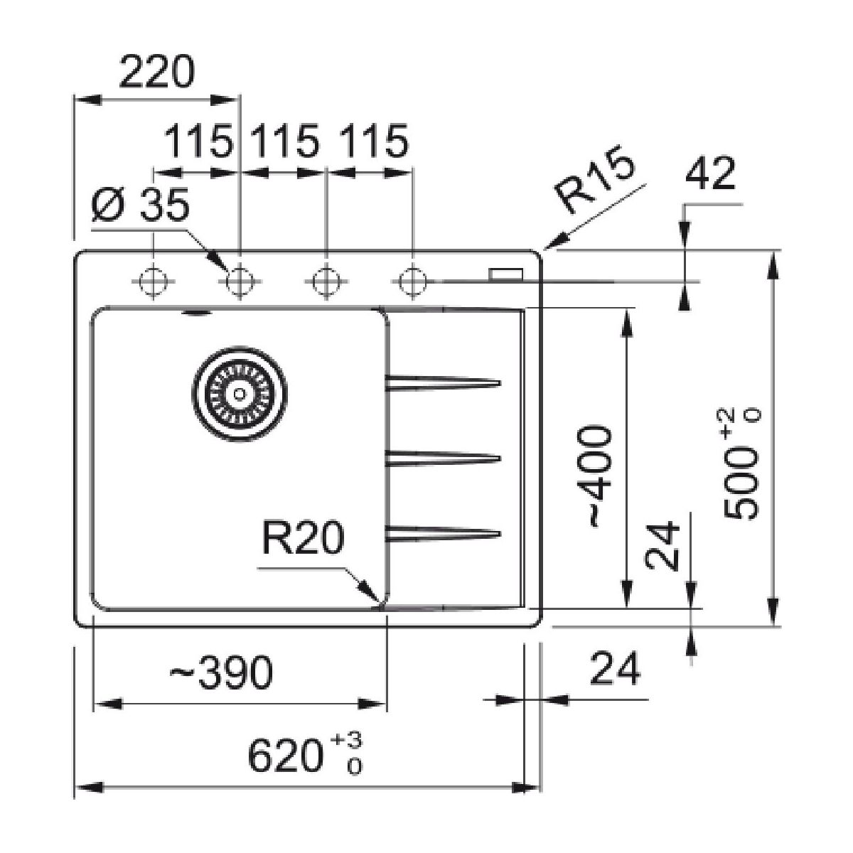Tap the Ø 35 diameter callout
click(141, 207)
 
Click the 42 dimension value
click(711, 174)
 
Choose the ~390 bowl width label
click(220, 673)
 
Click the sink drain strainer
click(239, 393)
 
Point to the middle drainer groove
click(442, 458)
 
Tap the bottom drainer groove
click(442, 533)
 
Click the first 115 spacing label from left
click(198, 141)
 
